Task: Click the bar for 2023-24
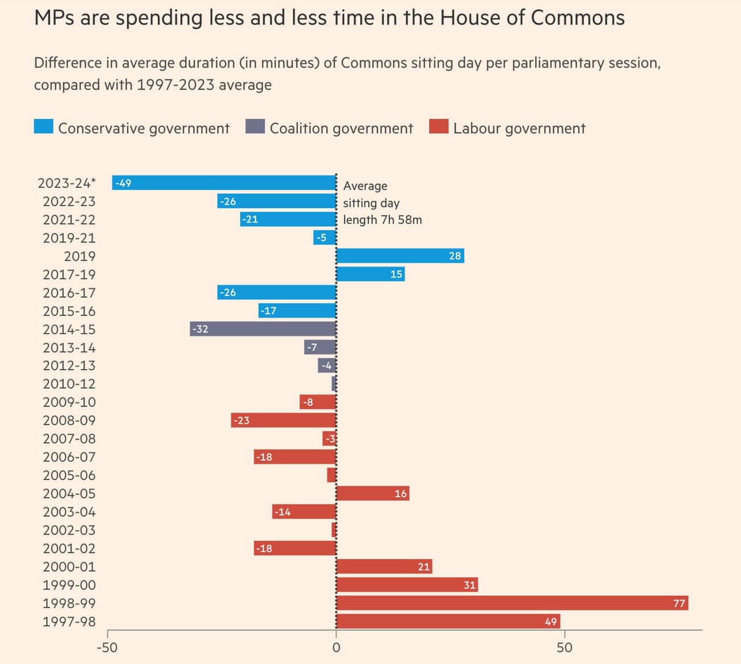(224, 183)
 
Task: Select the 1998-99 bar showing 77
(512, 603)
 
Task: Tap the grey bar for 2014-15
(263, 329)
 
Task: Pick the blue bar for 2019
(400, 256)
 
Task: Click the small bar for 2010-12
(334, 384)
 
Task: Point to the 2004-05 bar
(373, 493)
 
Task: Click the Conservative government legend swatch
(44, 126)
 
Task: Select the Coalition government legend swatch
(255, 126)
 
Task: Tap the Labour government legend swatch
(439, 126)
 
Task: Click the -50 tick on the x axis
(107, 647)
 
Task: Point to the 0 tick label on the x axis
(336, 647)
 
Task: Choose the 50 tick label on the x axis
(564, 647)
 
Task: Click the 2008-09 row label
(69, 420)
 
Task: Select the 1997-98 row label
(69, 621)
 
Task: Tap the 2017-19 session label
(69, 274)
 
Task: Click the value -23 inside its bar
(241, 420)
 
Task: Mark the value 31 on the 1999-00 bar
(469, 585)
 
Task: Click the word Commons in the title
(577, 18)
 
